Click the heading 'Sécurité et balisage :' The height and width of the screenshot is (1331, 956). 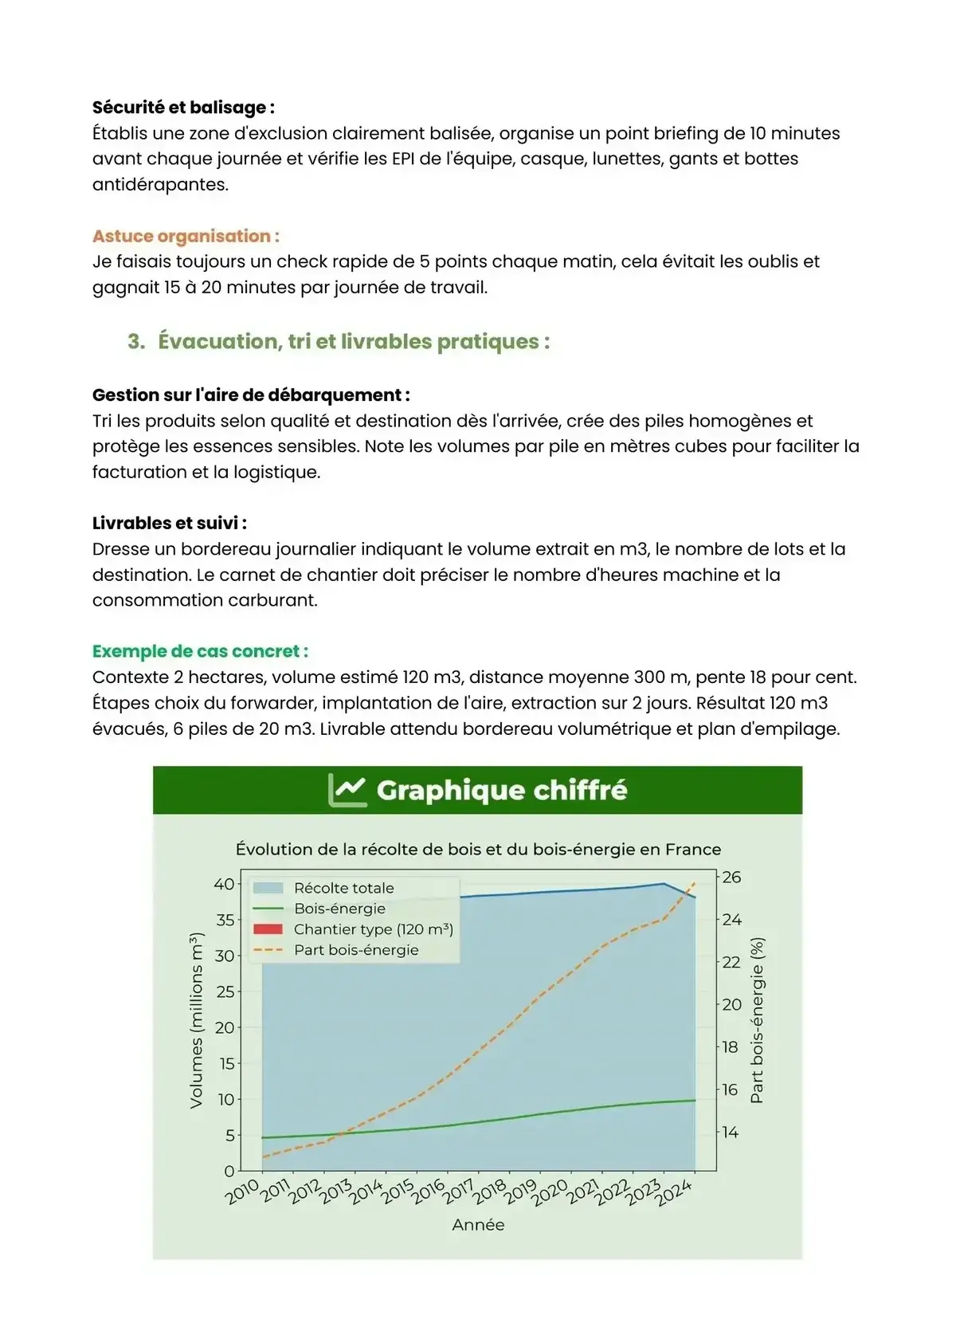point(183,108)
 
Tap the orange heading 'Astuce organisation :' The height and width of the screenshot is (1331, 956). point(186,236)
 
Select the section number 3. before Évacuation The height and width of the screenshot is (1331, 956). point(136,342)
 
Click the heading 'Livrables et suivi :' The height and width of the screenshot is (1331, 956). point(169,524)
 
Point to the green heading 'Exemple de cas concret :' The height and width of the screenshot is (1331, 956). point(200,651)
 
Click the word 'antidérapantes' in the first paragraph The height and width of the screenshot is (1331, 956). point(159,184)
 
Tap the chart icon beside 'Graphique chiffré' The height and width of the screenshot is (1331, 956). point(347,790)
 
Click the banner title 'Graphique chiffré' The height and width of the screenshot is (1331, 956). point(501,790)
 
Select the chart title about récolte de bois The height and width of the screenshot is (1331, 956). point(478,849)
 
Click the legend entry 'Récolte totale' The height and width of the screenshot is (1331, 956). point(343,888)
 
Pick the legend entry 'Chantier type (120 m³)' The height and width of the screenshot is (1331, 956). point(373,929)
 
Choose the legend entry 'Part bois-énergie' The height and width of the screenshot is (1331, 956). point(355,950)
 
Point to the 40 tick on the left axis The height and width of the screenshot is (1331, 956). point(224,884)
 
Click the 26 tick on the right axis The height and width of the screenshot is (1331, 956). point(731,878)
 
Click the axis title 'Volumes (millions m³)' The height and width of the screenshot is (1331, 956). point(196,1020)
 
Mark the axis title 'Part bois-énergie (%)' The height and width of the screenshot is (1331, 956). point(757,1020)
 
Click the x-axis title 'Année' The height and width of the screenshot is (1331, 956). point(478,1225)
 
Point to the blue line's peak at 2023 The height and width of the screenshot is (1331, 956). point(664,883)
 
